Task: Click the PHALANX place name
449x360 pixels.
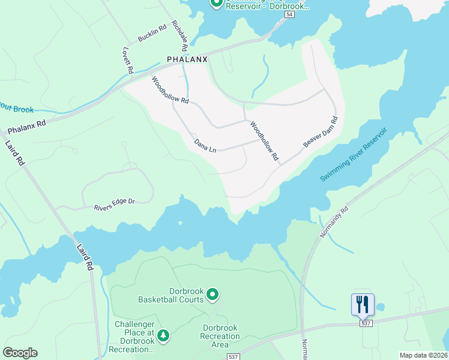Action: pos(187,59)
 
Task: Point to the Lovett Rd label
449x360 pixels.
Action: pos(127,60)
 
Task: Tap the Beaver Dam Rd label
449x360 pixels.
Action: pos(321,131)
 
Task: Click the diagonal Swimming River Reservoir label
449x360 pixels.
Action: pos(354,155)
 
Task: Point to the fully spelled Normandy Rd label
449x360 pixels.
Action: pos(334,223)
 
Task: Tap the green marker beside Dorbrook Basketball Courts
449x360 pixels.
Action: pos(212,294)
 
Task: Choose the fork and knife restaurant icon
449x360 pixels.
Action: pos(363,304)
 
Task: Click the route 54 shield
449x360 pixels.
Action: pos(290,14)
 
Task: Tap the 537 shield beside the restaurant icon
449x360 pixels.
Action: pos(366,323)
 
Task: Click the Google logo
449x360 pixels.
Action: pos(20,353)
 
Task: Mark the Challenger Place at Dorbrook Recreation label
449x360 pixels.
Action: pos(134,337)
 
